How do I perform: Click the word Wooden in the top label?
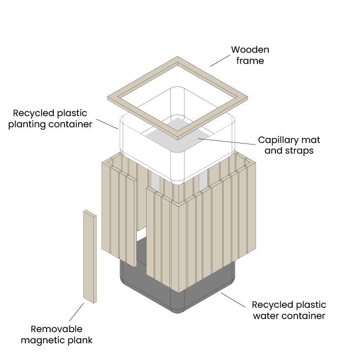[x=250, y=50]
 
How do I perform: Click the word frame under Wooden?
[x=250, y=61]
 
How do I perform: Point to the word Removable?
[x=56, y=329]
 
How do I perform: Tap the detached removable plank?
[x=90, y=257]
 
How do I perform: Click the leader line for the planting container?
[x=107, y=124]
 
